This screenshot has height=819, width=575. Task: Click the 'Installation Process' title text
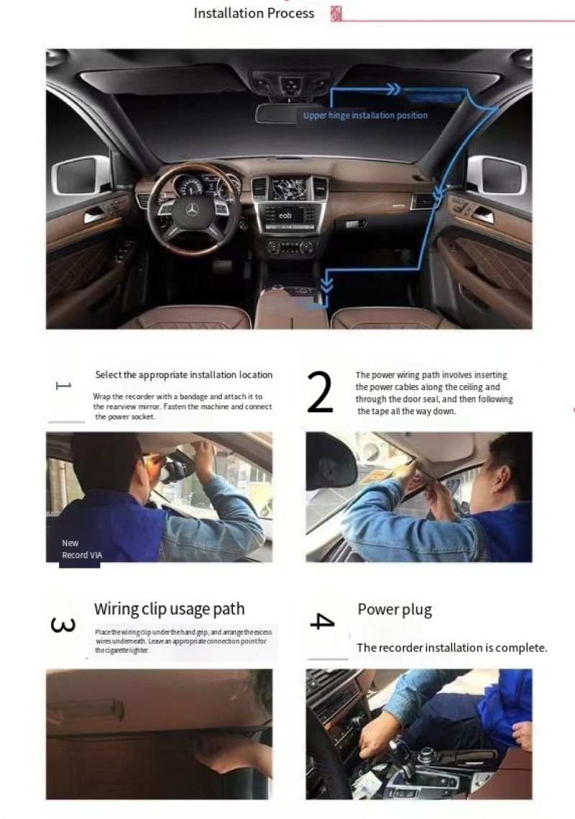coord(254,13)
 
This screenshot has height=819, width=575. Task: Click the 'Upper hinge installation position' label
coord(365,115)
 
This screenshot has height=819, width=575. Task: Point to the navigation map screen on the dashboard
coord(288,189)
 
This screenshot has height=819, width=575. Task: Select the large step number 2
coord(319,392)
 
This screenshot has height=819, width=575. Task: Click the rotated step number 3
coord(63,625)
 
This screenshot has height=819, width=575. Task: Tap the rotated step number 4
coord(323,621)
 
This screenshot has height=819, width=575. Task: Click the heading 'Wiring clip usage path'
coord(169,609)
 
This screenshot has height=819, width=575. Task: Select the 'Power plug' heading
coord(395,610)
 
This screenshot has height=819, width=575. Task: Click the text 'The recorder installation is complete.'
coord(452,648)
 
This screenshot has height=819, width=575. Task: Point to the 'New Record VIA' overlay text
coord(82,549)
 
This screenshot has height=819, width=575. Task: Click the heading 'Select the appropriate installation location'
coord(184,374)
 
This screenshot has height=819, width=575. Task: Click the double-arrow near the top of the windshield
coord(393,89)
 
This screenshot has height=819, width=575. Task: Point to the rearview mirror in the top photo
coord(277,114)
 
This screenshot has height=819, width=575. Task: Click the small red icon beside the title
coord(336,13)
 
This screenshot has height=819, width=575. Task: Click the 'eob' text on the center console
coord(285,216)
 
